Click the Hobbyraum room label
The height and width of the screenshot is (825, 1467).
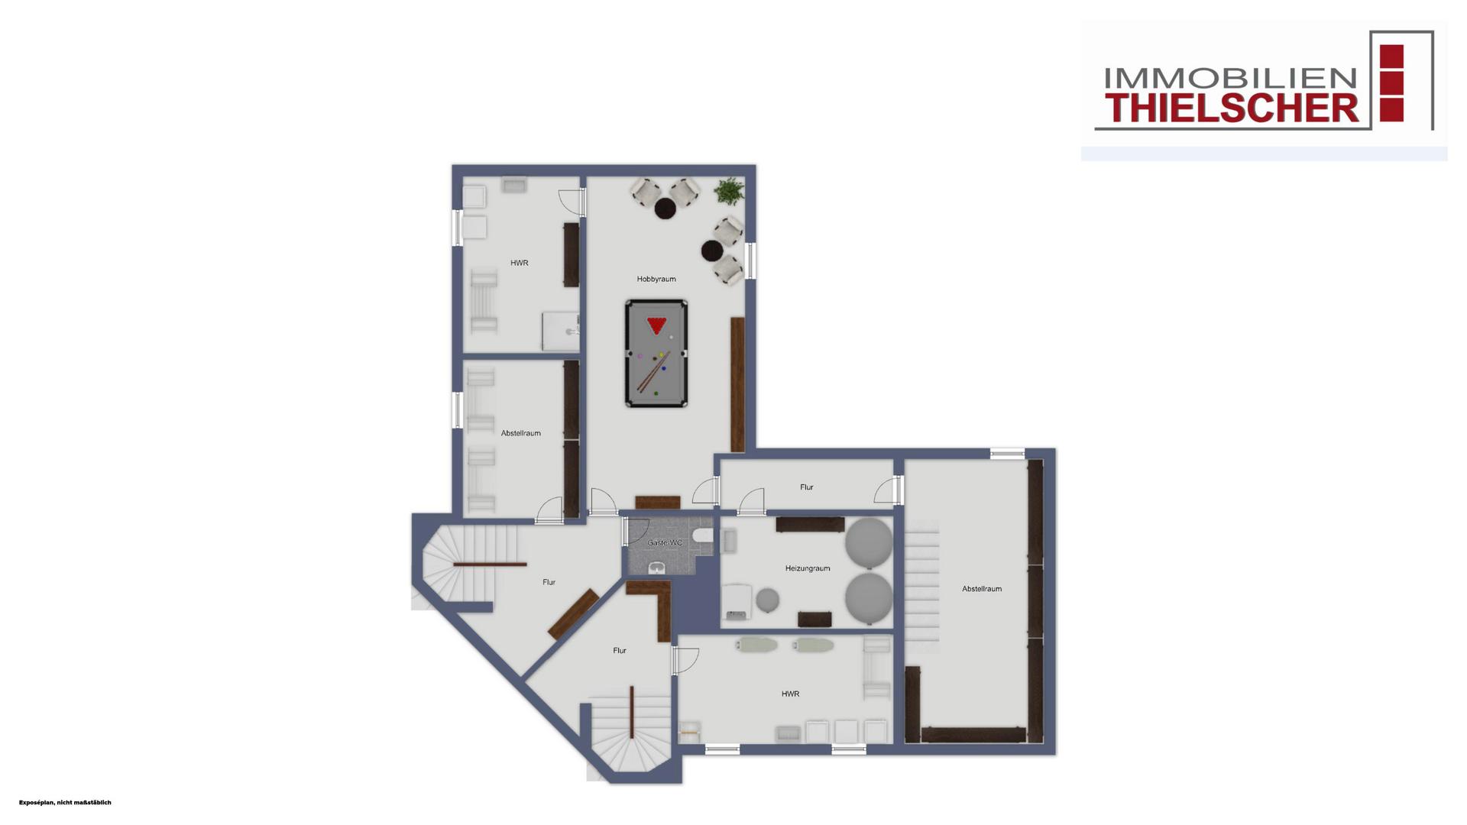(656, 279)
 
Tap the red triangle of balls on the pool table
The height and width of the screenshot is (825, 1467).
(656, 325)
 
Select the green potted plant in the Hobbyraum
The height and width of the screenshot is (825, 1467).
(730, 191)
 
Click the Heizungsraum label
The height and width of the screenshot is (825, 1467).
(808, 568)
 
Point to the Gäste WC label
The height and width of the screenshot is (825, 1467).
(665, 542)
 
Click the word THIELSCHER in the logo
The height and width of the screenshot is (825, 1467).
(1233, 108)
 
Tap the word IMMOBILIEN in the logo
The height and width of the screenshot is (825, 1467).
(1230, 78)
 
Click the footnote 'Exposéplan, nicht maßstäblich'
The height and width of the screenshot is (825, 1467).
(65, 803)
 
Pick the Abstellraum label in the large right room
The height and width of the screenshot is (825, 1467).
(982, 589)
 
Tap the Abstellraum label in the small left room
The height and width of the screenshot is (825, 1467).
(521, 433)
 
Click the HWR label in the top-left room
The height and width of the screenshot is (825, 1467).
(520, 263)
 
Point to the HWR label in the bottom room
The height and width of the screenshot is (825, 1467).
(790, 694)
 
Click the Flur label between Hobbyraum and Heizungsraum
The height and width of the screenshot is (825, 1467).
(807, 487)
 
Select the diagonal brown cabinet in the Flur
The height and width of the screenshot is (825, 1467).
(573, 614)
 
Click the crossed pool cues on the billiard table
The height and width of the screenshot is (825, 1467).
(653, 370)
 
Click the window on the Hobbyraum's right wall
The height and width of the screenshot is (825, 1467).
(751, 260)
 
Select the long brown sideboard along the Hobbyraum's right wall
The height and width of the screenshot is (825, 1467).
(737, 384)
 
